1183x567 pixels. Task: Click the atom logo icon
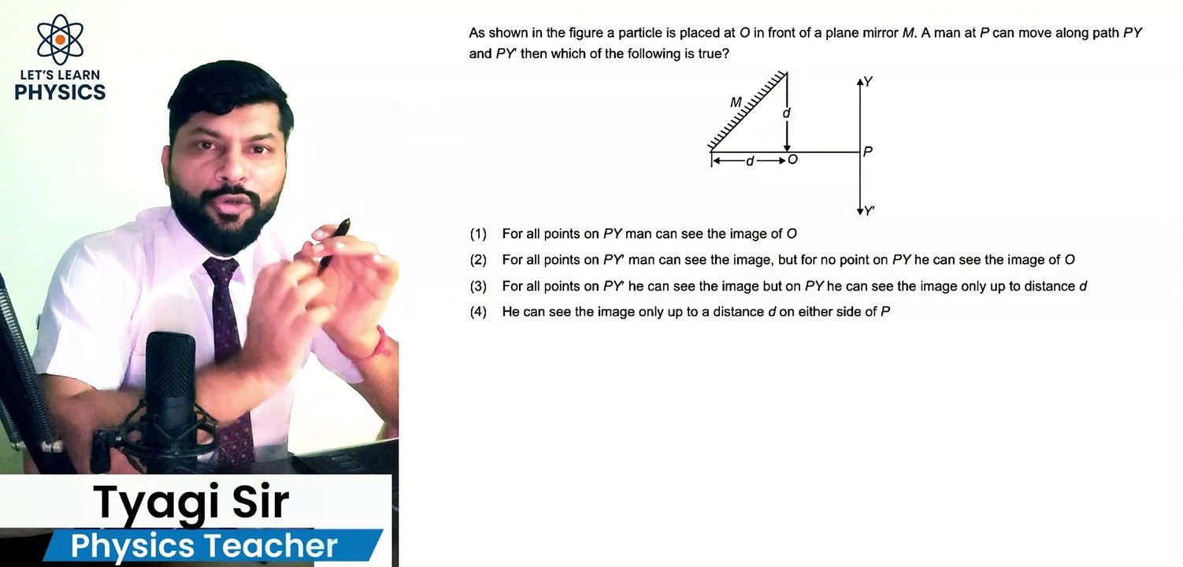click(60, 39)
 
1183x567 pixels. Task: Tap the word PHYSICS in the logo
click(60, 91)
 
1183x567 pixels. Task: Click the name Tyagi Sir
click(191, 502)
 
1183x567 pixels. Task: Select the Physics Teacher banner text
click(204, 546)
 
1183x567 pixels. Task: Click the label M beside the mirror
click(736, 102)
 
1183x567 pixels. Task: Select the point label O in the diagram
click(792, 160)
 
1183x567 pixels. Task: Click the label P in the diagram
click(867, 151)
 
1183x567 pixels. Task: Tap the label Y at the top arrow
click(868, 82)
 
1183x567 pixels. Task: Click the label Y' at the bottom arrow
click(870, 211)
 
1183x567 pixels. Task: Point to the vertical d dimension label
click(786, 113)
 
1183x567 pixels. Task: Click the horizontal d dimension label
click(750, 161)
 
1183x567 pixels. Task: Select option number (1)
click(478, 234)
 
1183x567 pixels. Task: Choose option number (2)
click(478, 260)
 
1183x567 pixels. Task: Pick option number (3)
click(478, 287)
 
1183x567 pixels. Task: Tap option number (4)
click(478, 312)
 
